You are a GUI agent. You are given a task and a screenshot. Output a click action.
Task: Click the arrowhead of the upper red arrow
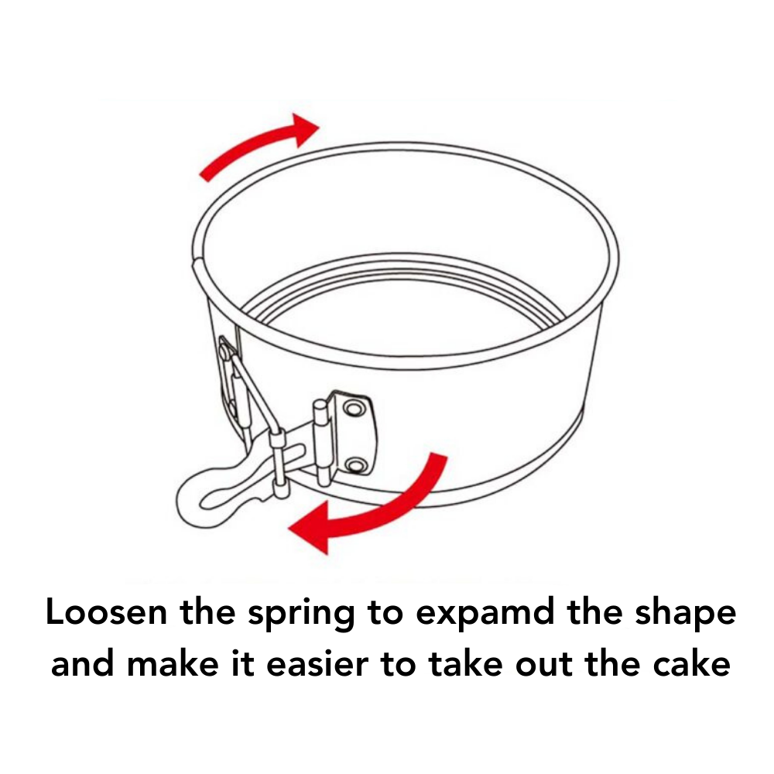coord(306,129)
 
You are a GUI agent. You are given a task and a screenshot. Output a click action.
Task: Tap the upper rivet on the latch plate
coord(354,408)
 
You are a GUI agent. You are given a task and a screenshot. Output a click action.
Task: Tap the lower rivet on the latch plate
coord(354,465)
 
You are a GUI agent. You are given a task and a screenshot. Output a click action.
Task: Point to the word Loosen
coord(106,612)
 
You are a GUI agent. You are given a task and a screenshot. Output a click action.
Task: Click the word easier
coord(317,664)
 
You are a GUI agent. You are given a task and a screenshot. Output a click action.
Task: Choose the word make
coord(173,663)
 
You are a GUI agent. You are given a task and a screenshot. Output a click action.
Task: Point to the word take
coord(466,663)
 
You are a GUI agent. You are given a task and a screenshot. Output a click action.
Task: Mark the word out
coord(544,666)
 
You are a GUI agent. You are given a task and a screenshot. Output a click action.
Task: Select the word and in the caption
coord(83,663)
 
